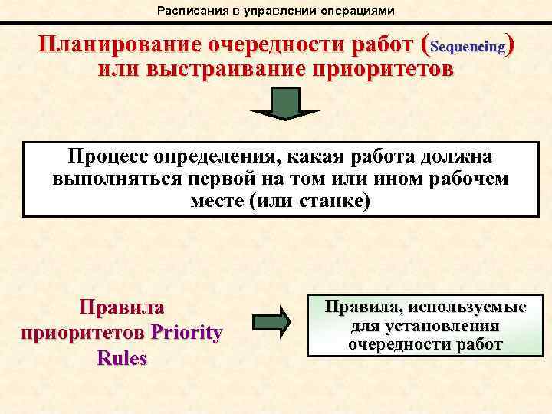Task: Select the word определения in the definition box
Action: pos(219,156)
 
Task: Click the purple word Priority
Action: pos(187,333)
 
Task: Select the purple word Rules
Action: pos(122,358)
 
